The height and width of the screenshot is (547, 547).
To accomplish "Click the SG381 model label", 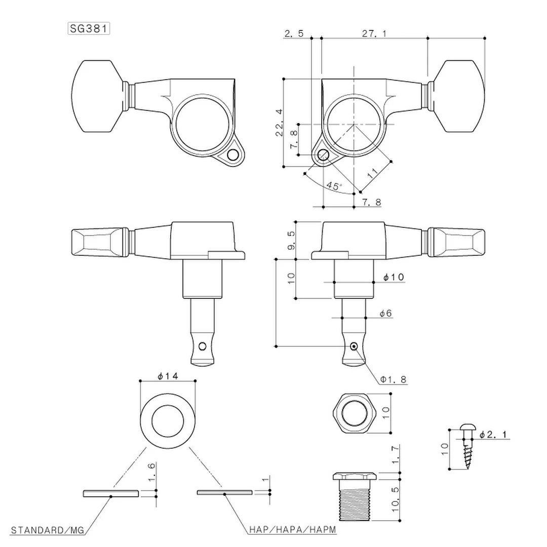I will point(89,28).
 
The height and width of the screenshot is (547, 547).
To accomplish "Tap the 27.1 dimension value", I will point(374,34).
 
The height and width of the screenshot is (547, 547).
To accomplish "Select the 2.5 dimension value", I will point(294,34).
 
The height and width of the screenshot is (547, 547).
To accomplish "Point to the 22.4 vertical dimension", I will point(280,123).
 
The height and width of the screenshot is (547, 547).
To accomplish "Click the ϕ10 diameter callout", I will point(394,277).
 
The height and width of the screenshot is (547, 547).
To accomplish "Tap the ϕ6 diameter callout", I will point(386,314).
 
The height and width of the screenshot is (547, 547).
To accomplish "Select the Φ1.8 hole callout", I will point(393,379).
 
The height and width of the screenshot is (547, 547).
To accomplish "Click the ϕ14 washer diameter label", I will point(167,376).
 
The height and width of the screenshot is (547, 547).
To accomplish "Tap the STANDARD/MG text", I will point(48,530).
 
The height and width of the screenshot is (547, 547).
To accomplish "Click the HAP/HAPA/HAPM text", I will point(292,530).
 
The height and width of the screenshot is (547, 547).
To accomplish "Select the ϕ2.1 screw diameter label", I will point(495,434).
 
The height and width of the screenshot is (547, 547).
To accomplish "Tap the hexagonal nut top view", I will point(354,412).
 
